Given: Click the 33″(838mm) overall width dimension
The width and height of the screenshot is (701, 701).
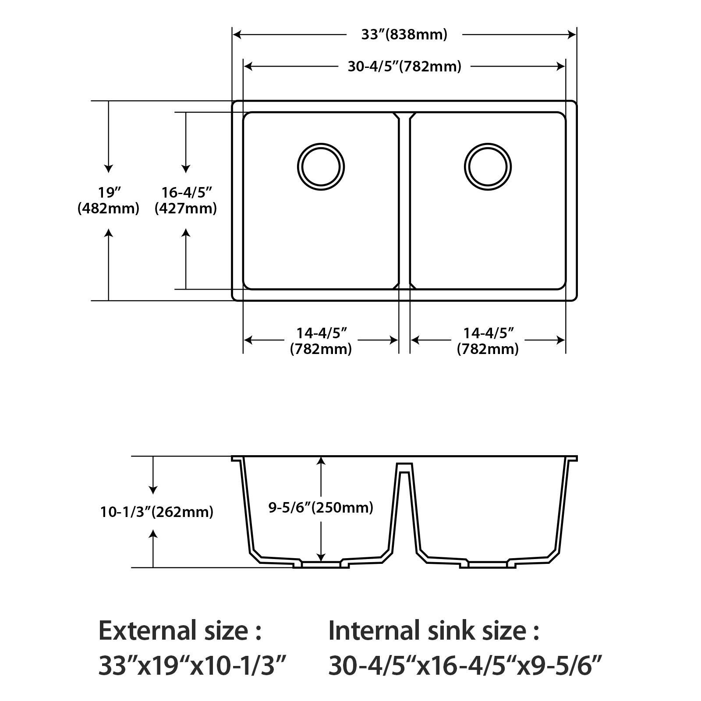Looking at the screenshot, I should coord(404,34).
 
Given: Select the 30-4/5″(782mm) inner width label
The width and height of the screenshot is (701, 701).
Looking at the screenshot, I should coord(404,67).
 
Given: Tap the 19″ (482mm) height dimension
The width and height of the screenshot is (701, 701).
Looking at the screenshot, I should coord(108,200).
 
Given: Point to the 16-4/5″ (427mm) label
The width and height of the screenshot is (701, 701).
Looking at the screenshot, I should coord(186,200).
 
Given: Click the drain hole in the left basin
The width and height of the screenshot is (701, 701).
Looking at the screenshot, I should coord(321,167).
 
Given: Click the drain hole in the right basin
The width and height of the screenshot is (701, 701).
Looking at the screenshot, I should coord(488,167).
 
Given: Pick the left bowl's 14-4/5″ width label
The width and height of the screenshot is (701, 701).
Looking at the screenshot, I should coord(321,341).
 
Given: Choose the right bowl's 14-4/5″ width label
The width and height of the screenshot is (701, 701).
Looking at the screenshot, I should coord(488,341).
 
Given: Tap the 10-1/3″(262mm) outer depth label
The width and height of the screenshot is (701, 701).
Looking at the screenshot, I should coord(157,512).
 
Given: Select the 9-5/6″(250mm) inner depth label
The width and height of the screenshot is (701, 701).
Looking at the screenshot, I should coord(321,507).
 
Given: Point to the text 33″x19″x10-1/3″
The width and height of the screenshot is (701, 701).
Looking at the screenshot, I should coord(193,666).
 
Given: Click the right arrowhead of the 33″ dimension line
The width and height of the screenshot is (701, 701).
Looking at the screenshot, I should coord(572,34).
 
